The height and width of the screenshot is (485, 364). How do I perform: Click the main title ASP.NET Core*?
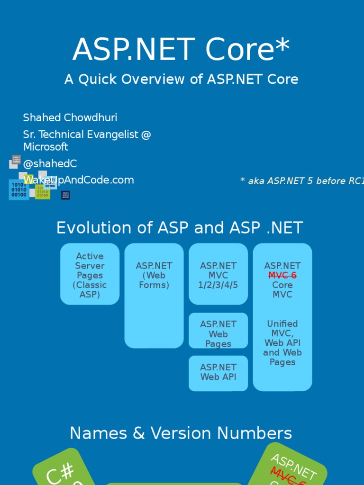pyautogui.click(x=181, y=50)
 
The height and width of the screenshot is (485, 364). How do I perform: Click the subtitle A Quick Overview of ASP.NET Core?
pyautogui.click(x=181, y=79)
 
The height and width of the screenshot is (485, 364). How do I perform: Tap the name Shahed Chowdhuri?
pyautogui.click(x=70, y=117)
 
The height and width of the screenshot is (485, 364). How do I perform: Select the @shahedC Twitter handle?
pyautogui.click(x=50, y=164)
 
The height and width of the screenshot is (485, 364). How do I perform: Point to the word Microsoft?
pyautogui.click(x=45, y=147)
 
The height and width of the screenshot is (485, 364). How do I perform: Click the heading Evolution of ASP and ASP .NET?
pyautogui.click(x=179, y=228)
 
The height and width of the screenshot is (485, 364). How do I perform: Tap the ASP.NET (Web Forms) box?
pyautogui.click(x=154, y=296)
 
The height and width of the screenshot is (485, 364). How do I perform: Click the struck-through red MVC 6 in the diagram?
pyautogui.click(x=282, y=275)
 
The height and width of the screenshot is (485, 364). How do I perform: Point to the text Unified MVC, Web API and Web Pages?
pyautogui.click(x=282, y=343)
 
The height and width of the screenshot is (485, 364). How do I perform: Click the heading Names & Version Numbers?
pyautogui.click(x=181, y=433)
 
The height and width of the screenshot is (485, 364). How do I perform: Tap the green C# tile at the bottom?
pyautogui.click(x=59, y=469)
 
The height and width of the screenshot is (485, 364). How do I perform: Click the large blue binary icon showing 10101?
pyautogui.click(x=19, y=189)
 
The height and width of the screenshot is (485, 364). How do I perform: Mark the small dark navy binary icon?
pyautogui.click(x=65, y=195)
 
